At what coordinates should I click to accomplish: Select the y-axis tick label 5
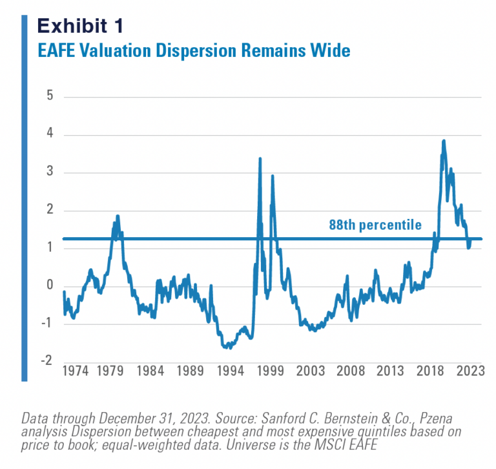[x=49, y=97]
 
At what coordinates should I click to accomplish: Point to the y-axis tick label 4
[x=49, y=135]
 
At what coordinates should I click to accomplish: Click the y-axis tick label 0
[x=49, y=286]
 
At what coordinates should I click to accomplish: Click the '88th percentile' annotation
[x=375, y=225]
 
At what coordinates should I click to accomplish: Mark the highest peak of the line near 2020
[x=443, y=141]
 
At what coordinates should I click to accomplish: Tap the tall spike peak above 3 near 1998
[x=260, y=158]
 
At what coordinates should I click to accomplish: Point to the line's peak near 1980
[x=118, y=216]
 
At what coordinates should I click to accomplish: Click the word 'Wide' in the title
[x=331, y=50]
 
